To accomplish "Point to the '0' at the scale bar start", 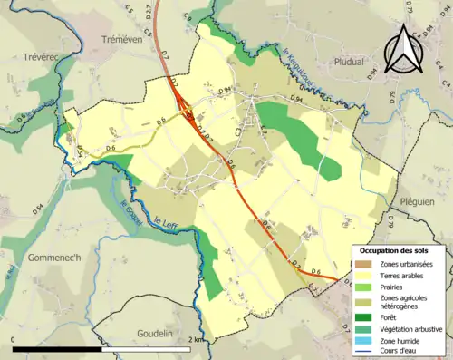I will (x=14, y=339).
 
